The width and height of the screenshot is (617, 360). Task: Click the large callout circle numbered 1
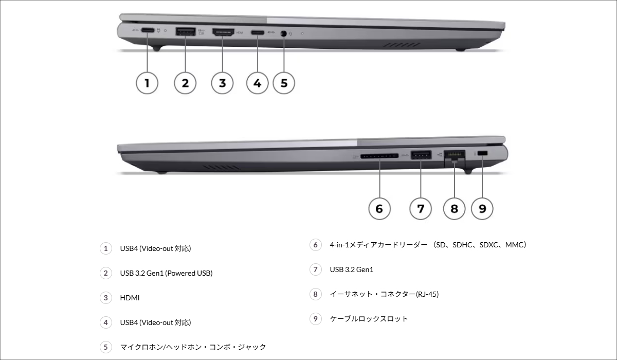tap(147, 83)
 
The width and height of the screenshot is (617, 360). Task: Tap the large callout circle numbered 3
tap(222, 83)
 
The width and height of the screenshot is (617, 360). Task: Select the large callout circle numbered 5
tap(284, 83)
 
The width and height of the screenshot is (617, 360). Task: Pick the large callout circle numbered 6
tap(379, 208)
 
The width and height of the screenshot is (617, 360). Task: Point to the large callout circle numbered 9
tap(482, 208)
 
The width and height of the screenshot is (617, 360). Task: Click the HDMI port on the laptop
tap(223, 32)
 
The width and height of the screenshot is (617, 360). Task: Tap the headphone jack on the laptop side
tap(283, 33)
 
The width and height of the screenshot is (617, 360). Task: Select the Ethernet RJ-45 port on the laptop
tap(454, 155)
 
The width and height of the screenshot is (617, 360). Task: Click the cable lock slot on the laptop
tap(482, 154)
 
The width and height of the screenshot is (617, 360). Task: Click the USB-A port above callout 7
tap(421, 154)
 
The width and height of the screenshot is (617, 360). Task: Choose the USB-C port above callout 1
tap(147, 31)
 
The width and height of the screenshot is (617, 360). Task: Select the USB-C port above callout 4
tap(257, 32)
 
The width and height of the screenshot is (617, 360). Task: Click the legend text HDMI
tap(130, 298)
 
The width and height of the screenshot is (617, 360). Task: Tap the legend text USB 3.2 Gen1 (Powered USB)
tap(166, 273)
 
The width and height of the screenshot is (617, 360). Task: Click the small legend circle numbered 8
tap(315, 294)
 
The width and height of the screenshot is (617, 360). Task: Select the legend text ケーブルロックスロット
tap(369, 319)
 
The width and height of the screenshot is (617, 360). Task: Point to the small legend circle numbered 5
tap(105, 347)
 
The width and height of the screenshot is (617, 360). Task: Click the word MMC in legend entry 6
tap(514, 245)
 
